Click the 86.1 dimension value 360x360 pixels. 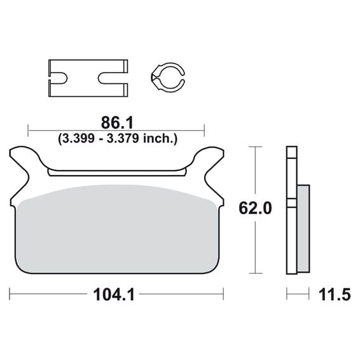coord(117,123)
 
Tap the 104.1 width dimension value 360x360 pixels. coord(114,294)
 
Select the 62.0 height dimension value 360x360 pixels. coord(255,208)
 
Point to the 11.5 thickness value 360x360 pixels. coord(335,294)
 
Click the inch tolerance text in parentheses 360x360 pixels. coord(118,139)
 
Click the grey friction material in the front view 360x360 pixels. coord(117,230)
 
